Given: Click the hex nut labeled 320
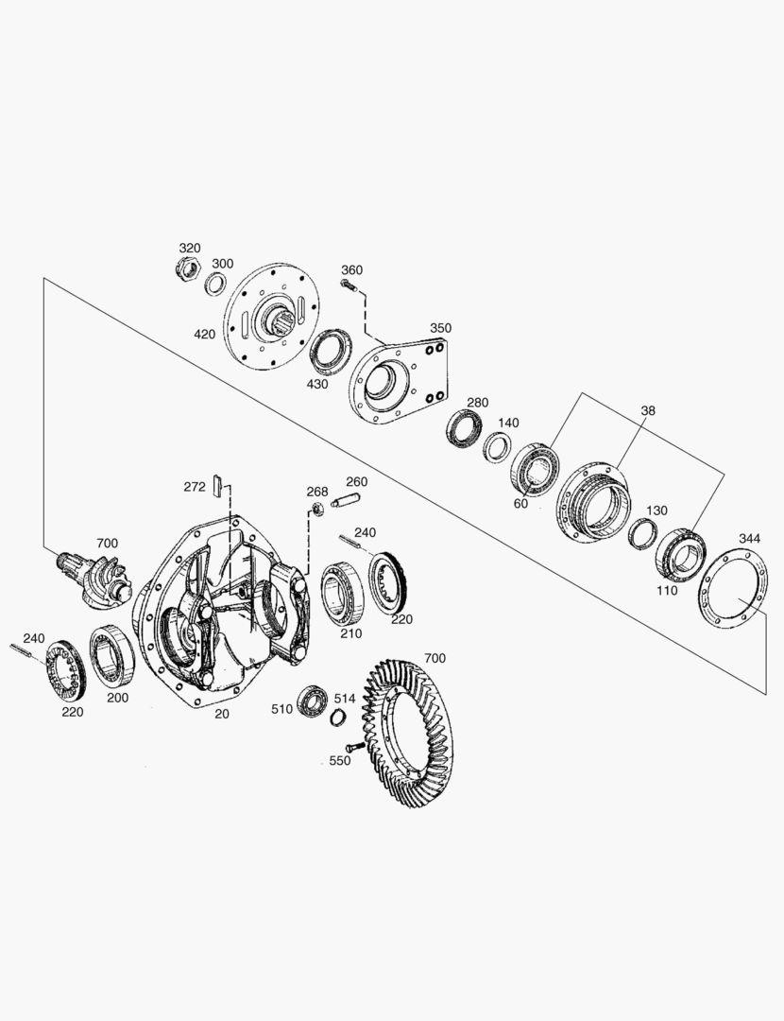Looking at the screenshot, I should pos(188,268).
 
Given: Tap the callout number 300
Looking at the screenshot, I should pos(223,264).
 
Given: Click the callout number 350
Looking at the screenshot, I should pos(440,328).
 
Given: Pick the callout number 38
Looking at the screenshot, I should pos(647,410).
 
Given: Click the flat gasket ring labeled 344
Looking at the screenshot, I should pos(732,589).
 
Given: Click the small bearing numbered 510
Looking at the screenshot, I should pos(311,701).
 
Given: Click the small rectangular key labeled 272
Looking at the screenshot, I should pos(219,485).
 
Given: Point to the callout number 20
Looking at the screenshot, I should pos(222,714).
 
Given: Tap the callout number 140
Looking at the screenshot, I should pos(508,423).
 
